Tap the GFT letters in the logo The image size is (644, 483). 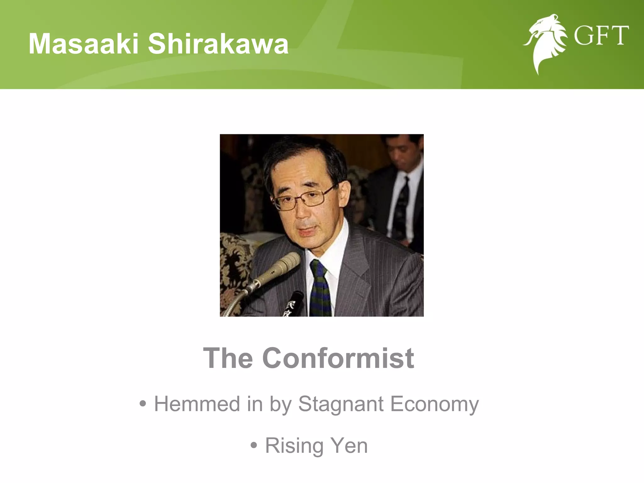(x=601, y=36)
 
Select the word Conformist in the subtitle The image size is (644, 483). (x=338, y=358)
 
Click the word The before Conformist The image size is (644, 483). (x=228, y=358)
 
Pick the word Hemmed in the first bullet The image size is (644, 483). (x=197, y=404)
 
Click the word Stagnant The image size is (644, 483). (x=341, y=404)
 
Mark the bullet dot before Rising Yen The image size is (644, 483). (x=254, y=446)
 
